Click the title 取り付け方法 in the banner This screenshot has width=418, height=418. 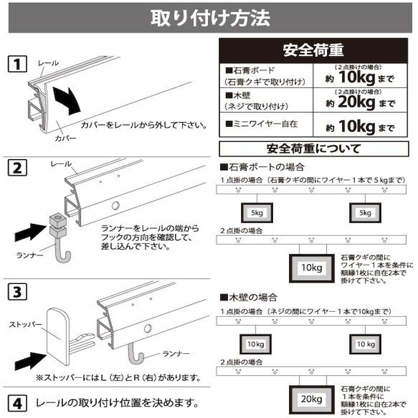point(210,18)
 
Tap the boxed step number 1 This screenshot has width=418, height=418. point(17,64)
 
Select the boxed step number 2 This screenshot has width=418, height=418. point(17,168)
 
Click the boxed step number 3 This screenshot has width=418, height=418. point(17,292)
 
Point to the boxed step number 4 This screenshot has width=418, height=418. point(17,404)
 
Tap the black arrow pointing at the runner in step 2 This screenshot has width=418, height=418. point(30,232)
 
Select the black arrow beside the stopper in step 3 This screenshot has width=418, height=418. point(30,361)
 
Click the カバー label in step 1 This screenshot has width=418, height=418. point(65,138)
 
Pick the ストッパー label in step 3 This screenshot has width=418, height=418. point(25,324)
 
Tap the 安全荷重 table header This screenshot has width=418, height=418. point(313,51)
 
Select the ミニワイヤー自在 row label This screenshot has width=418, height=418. point(262,124)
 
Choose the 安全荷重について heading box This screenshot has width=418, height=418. point(314,149)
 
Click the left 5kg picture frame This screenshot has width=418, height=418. point(257,213)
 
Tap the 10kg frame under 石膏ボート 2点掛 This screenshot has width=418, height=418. point(312,268)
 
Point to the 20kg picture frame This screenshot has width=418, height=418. point(312,399)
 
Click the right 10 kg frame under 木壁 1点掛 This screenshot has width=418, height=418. point(365,344)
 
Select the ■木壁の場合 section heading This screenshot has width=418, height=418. point(249,298)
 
